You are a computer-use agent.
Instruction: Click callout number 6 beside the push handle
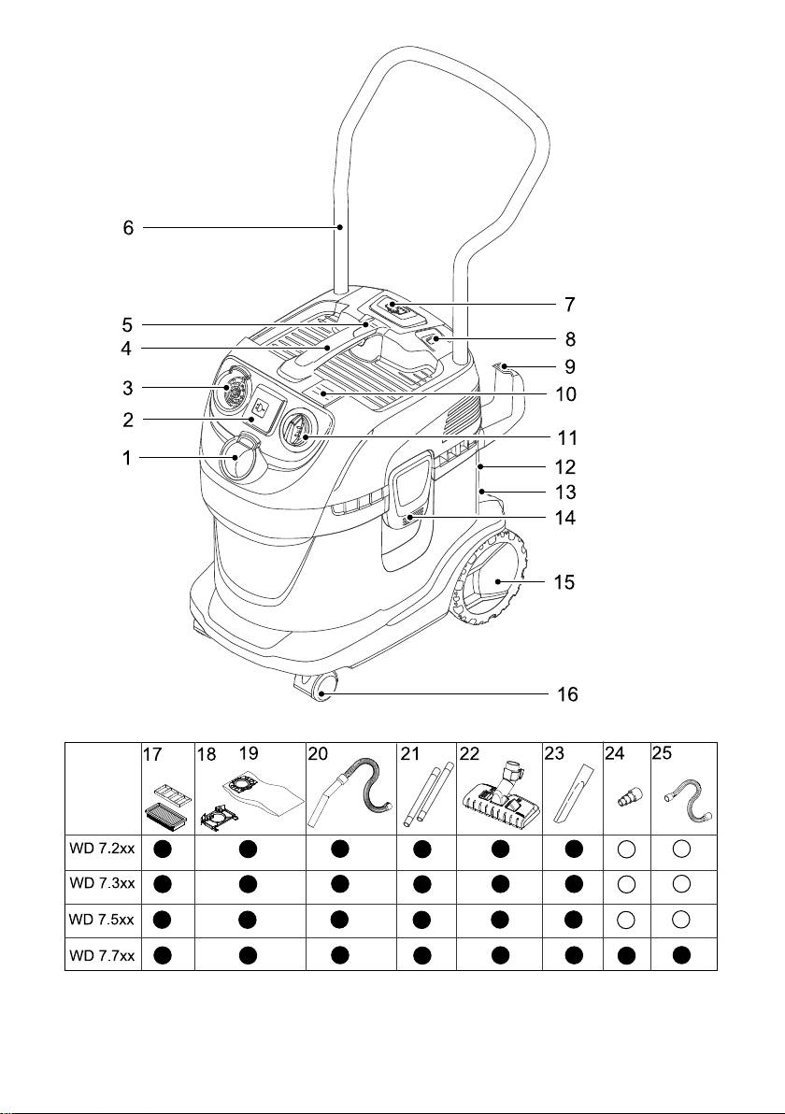[129, 227]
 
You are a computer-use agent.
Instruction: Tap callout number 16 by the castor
[567, 694]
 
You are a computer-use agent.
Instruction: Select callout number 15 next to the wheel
[563, 581]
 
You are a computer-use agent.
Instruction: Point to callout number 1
[129, 459]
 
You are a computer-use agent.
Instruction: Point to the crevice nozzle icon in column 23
[573, 794]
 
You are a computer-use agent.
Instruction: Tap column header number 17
[152, 752]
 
